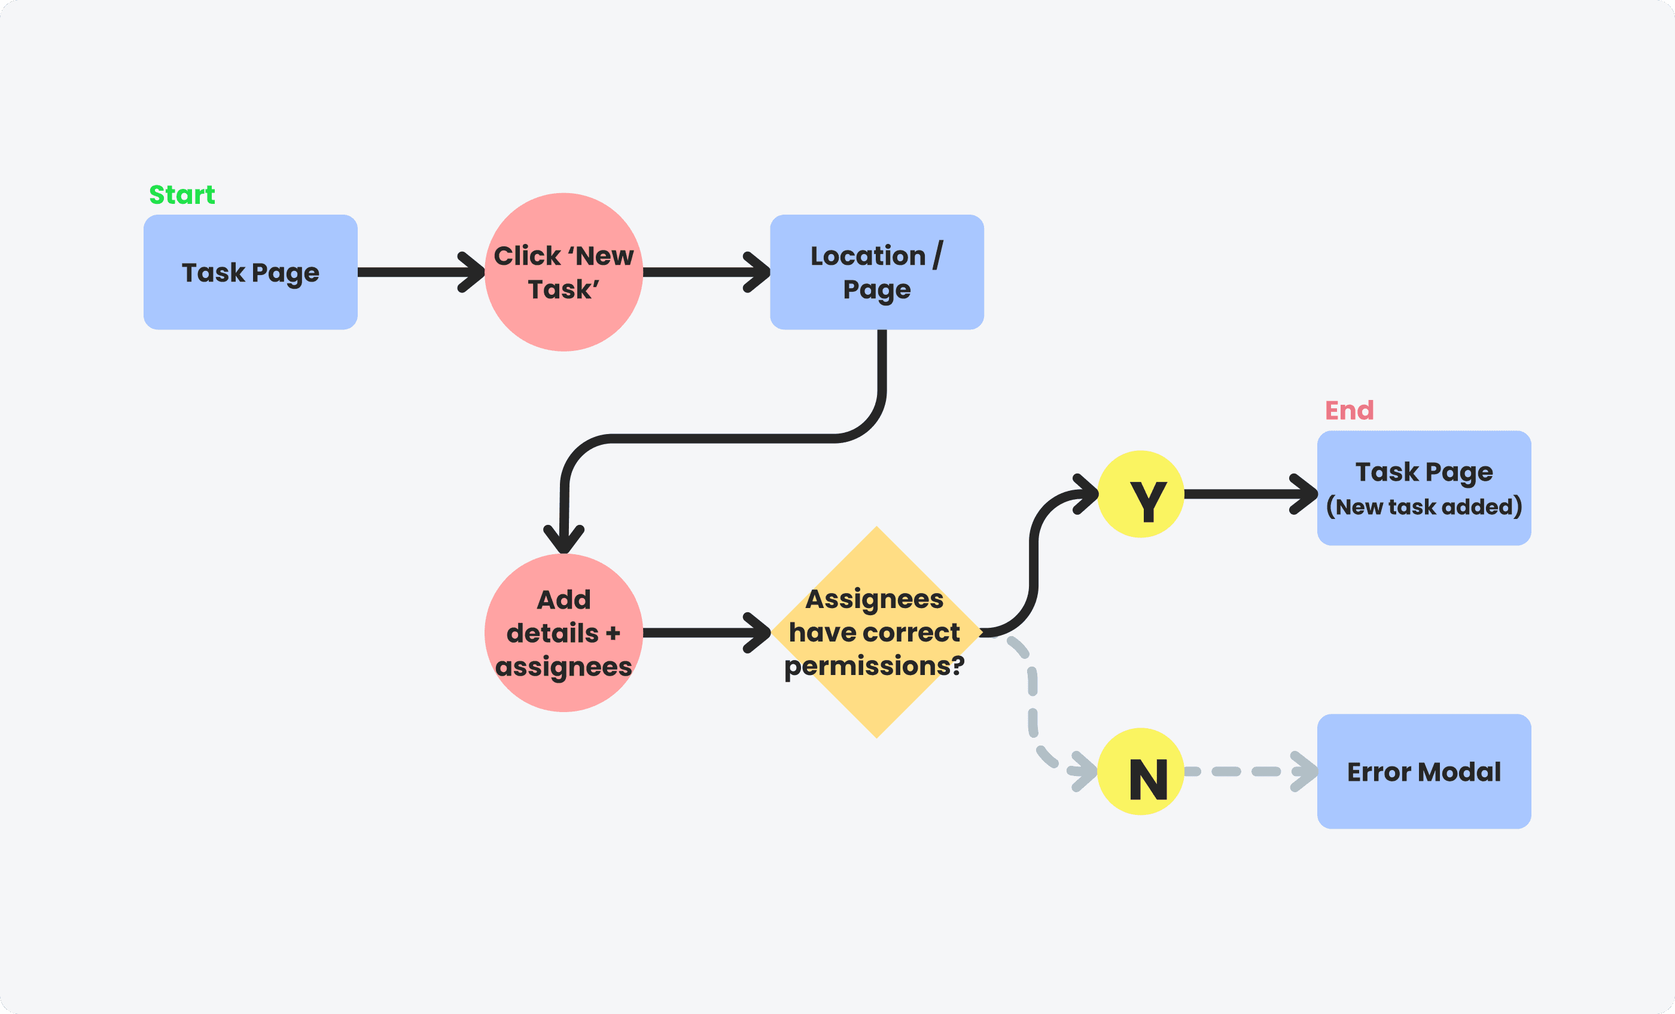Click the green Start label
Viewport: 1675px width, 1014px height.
(x=181, y=195)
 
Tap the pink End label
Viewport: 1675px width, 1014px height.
(x=1349, y=411)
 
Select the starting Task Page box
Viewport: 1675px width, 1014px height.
(x=250, y=273)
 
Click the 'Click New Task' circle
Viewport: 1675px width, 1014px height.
(x=564, y=272)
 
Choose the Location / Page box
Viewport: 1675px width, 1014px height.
(x=876, y=273)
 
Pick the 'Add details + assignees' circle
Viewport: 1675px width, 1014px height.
(x=564, y=633)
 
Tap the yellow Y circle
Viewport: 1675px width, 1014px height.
(x=1141, y=494)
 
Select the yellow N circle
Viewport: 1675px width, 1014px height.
(x=1141, y=771)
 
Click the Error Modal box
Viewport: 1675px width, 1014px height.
(x=1424, y=771)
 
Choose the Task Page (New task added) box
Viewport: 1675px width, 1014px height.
(x=1424, y=487)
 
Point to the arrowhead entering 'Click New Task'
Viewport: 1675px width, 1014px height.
(x=474, y=272)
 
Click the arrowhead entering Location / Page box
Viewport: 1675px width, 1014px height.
(x=759, y=272)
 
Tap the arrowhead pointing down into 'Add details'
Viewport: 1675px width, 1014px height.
(x=564, y=542)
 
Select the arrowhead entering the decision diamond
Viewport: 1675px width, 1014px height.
(x=759, y=633)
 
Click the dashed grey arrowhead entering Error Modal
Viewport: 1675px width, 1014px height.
(x=1305, y=771)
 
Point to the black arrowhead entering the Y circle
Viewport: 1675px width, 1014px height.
(x=1086, y=494)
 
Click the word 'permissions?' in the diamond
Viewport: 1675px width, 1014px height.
(x=874, y=666)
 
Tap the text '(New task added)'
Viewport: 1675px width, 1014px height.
(x=1424, y=507)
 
